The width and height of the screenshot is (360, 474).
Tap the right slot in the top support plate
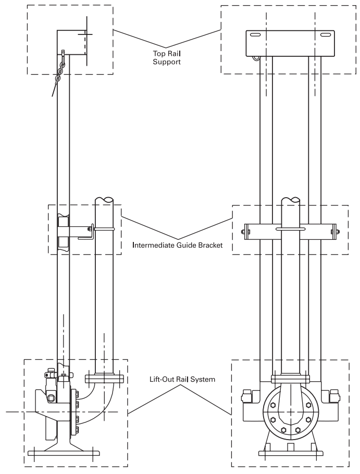click(326, 35)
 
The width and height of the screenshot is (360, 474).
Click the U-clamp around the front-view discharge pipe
click(290, 228)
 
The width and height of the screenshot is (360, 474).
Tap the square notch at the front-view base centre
click(290, 447)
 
